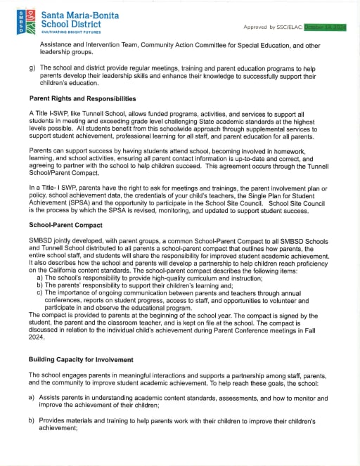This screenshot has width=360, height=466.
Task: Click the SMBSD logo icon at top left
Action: (20, 22)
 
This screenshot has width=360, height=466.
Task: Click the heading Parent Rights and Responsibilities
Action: (82, 98)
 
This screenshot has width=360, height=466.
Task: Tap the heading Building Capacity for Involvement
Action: (81, 359)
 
